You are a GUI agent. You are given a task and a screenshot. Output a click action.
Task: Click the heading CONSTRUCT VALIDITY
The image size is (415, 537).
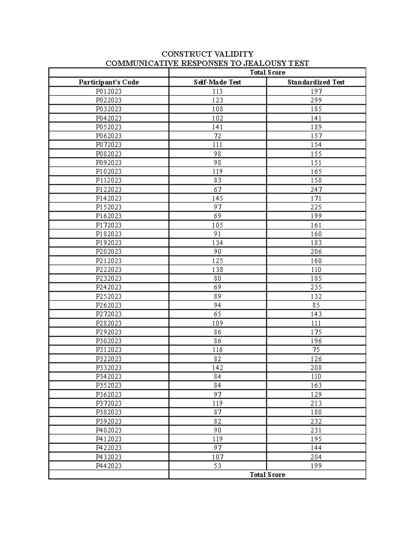[x=207, y=54]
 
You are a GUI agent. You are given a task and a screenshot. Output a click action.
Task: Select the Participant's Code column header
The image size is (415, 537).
[x=109, y=82]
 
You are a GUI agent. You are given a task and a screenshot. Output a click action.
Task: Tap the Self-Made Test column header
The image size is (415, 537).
[x=218, y=82]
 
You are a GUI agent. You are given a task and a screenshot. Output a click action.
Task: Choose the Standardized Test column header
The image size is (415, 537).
[x=316, y=82]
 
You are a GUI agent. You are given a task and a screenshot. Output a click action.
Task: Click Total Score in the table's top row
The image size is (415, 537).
[x=267, y=73]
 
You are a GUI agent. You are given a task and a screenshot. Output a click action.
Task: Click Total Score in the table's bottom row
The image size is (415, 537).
[x=267, y=475]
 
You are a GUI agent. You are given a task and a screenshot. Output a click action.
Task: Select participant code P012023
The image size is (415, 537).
[x=109, y=92]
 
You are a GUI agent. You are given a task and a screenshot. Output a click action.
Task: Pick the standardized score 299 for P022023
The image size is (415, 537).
[x=316, y=100]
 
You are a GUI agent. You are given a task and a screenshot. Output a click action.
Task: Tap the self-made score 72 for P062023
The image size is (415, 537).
[x=218, y=136]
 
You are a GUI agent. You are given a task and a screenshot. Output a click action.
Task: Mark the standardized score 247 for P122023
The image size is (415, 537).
[x=316, y=189]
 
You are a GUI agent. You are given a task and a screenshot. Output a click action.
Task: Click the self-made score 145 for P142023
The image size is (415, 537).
[x=218, y=198]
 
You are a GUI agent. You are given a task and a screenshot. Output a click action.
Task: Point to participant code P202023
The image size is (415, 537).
[x=109, y=252]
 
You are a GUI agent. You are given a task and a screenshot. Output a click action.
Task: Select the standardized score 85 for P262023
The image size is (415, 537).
[x=316, y=305]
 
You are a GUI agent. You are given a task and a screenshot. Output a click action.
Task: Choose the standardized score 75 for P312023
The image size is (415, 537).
[x=316, y=350]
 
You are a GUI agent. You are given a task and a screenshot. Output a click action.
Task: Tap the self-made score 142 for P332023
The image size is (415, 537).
[x=218, y=368]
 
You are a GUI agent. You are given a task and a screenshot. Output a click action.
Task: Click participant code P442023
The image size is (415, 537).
[x=109, y=466]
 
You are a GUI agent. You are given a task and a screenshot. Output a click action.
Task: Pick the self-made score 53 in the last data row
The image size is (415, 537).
[x=218, y=466]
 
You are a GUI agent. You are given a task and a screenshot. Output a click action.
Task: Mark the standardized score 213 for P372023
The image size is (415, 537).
[x=316, y=403]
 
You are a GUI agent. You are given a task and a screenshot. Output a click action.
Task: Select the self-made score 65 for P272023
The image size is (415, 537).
[x=218, y=314]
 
